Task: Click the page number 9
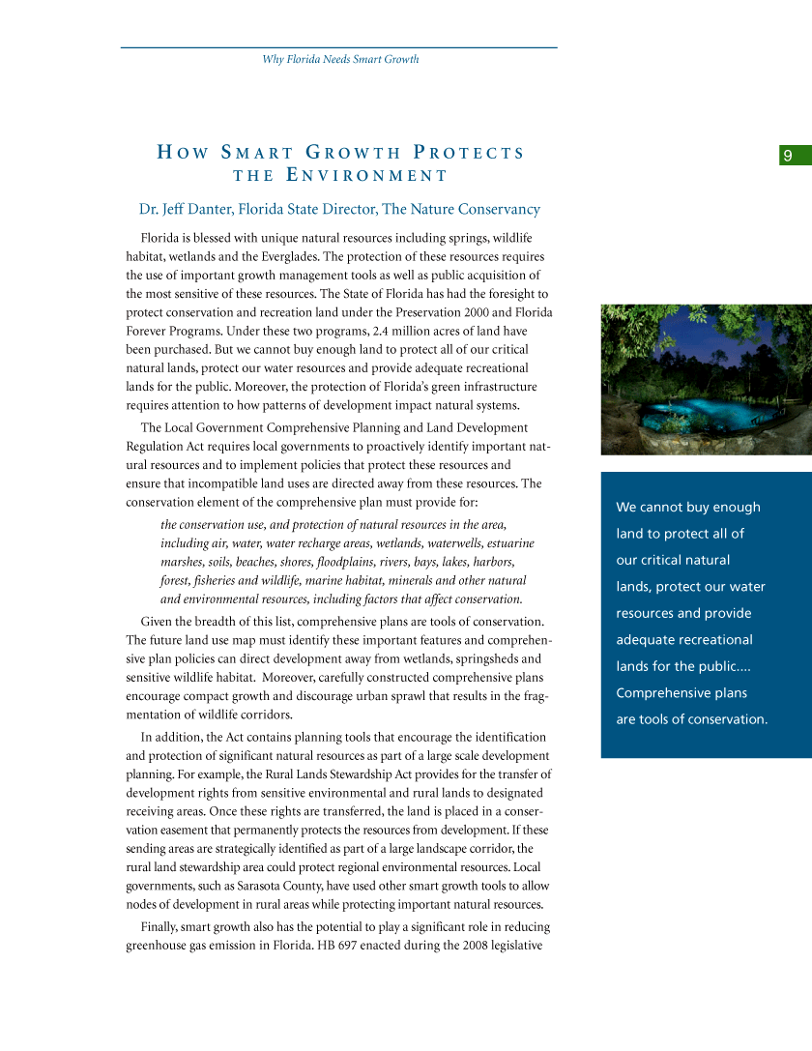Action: pos(789,156)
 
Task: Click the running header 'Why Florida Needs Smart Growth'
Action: pos(340,59)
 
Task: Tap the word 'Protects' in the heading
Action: pos(469,153)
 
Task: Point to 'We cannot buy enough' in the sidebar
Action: pos(688,508)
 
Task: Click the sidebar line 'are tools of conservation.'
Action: pos(691,719)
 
